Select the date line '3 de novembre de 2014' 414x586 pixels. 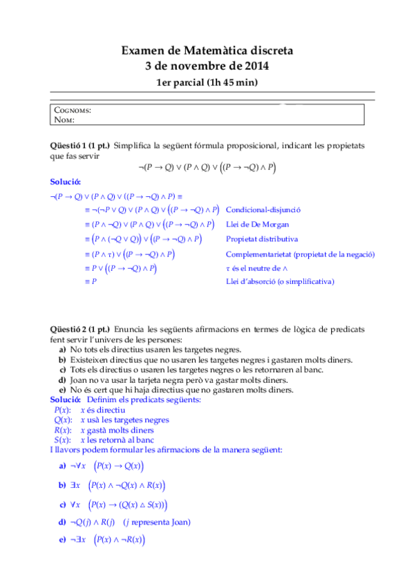point(207,66)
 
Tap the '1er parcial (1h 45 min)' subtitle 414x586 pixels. point(207,83)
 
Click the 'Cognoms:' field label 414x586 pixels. point(72,111)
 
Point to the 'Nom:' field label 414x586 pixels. point(64,120)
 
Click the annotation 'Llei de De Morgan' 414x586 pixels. point(257,225)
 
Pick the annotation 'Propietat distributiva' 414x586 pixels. point(262,239)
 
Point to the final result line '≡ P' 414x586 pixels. point(91,282)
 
